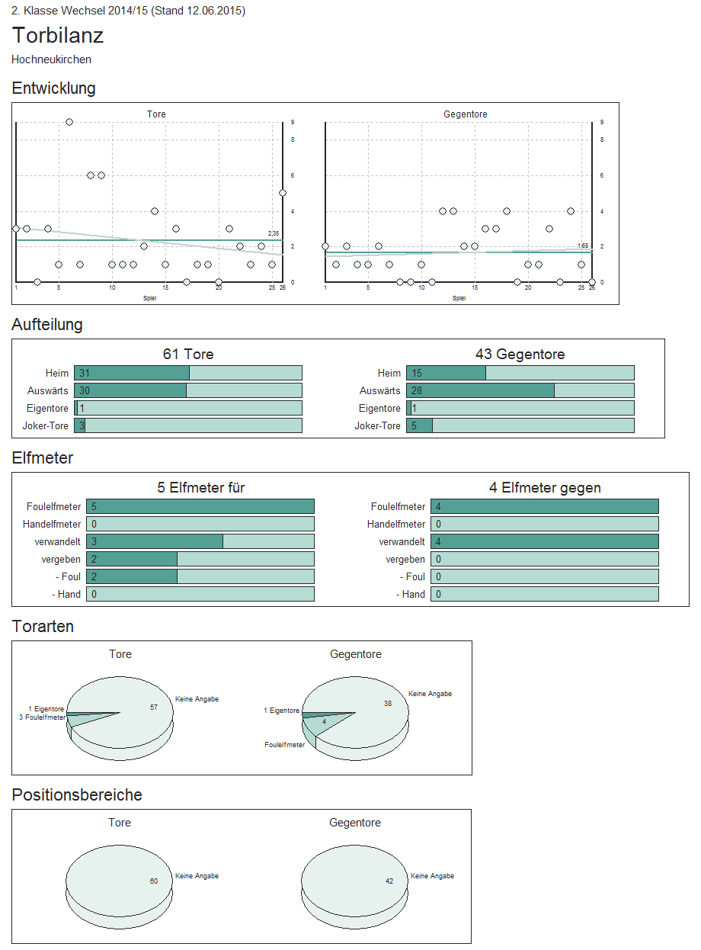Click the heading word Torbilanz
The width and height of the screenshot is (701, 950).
click(58, 36)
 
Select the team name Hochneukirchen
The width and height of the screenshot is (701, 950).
click(52, 59)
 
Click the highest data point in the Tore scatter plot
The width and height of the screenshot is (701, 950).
click(69, 122)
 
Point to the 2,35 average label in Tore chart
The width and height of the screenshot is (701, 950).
click(274, 233)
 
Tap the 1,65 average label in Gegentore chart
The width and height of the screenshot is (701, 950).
click(583, 246)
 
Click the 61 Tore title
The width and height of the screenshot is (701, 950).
click(188, 355)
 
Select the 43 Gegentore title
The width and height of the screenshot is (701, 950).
click(520, 355)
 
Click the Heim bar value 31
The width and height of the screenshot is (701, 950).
click(85, 373)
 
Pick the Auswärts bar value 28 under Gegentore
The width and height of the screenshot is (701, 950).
click(417, 390)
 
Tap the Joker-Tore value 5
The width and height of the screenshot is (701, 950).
click(415, 425)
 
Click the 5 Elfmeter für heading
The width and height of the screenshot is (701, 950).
click(201, 488)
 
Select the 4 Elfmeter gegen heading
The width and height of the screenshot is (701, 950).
click(545, 488)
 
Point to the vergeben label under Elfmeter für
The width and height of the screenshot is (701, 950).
click(62, 559)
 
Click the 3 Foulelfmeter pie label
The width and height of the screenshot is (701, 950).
click(42, 717)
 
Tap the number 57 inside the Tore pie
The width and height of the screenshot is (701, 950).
click(154, 708)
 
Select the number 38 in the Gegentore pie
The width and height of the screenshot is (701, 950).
click(388, 704)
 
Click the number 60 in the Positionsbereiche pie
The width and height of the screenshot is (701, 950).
click(154, 881)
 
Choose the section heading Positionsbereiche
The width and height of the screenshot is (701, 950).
click(77, 795)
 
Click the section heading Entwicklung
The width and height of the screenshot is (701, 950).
click(53, 88)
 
